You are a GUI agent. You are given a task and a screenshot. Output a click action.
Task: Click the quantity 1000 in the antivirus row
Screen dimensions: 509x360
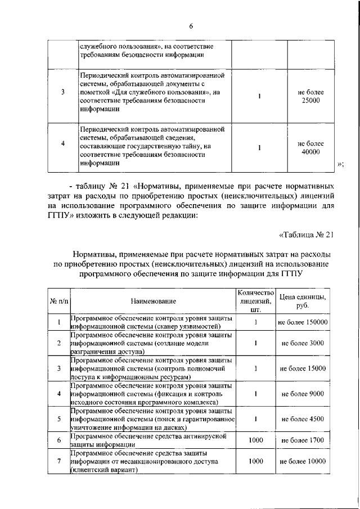(x=255, y=440)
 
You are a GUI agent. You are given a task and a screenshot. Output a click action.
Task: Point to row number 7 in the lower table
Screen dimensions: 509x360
(x=59, y=461)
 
